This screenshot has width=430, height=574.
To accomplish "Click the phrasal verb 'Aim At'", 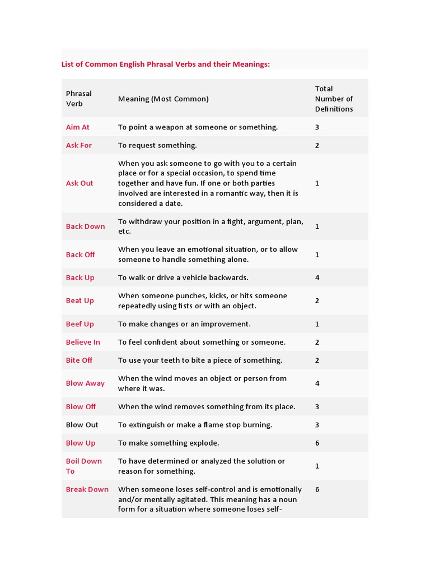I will click(x=78, y=127).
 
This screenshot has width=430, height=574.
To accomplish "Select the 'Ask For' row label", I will click(x=79, y=145).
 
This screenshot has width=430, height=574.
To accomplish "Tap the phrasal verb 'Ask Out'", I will click(x=80, y=183).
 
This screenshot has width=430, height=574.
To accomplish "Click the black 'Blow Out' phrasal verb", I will click(x=82, y=425).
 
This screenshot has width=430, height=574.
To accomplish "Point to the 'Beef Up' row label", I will click(x=80, y=324).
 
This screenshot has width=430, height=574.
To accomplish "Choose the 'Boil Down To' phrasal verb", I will click(x=83, y=466).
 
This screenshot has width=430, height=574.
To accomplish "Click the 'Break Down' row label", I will click(x=87, y=489).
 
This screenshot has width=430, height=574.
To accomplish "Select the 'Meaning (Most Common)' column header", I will click(x=163, y=99).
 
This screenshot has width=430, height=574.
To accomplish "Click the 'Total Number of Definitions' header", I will click(x=334, y=99).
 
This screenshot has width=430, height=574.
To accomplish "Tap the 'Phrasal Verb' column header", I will click(x=79, y=99).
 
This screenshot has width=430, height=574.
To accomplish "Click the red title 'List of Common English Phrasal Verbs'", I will click(x=165, y=64).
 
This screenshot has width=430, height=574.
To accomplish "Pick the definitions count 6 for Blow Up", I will click(x=317, y=443).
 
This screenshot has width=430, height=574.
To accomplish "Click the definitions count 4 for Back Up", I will click(x=317, y=277).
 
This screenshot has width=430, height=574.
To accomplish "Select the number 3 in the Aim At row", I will click(x=317, y=127).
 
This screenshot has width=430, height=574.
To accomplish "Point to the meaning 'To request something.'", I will click(x=157, y=145).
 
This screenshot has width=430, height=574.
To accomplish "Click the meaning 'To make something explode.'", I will click(x=169, y=443).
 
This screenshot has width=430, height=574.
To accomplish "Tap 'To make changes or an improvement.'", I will click(x=184, y=324).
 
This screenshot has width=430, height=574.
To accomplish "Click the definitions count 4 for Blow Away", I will click(x=317, y=383).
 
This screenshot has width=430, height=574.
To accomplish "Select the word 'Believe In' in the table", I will click(x=83, y=342).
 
